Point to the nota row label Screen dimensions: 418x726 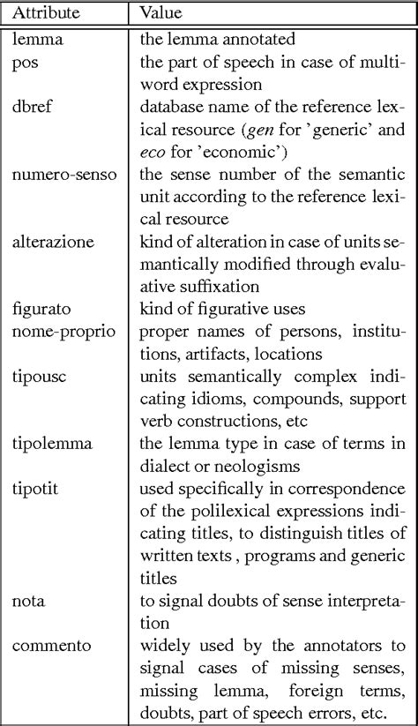28,574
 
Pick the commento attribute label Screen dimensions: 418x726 51,620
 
